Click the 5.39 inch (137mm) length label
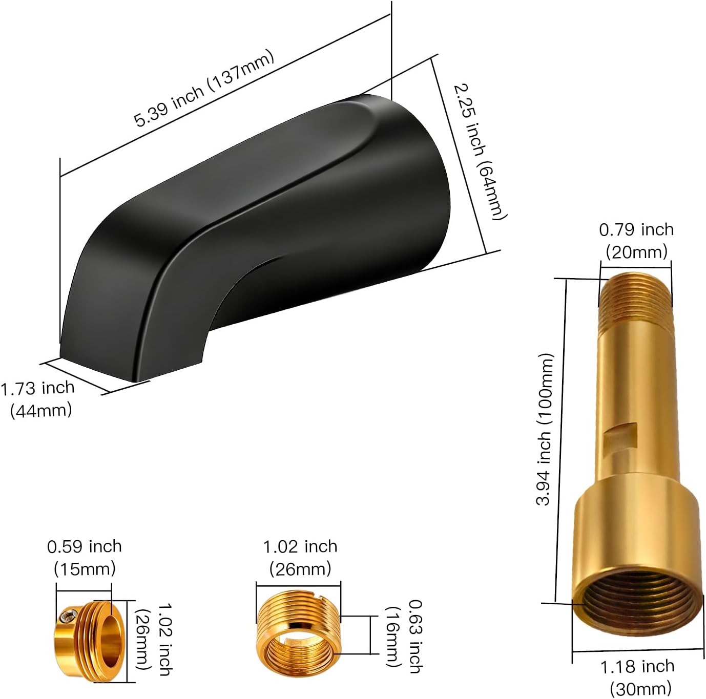pos(204,89)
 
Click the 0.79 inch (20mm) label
pos(636,240)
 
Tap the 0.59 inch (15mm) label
pos(85,557)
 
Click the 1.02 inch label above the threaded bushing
pos(300,557)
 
